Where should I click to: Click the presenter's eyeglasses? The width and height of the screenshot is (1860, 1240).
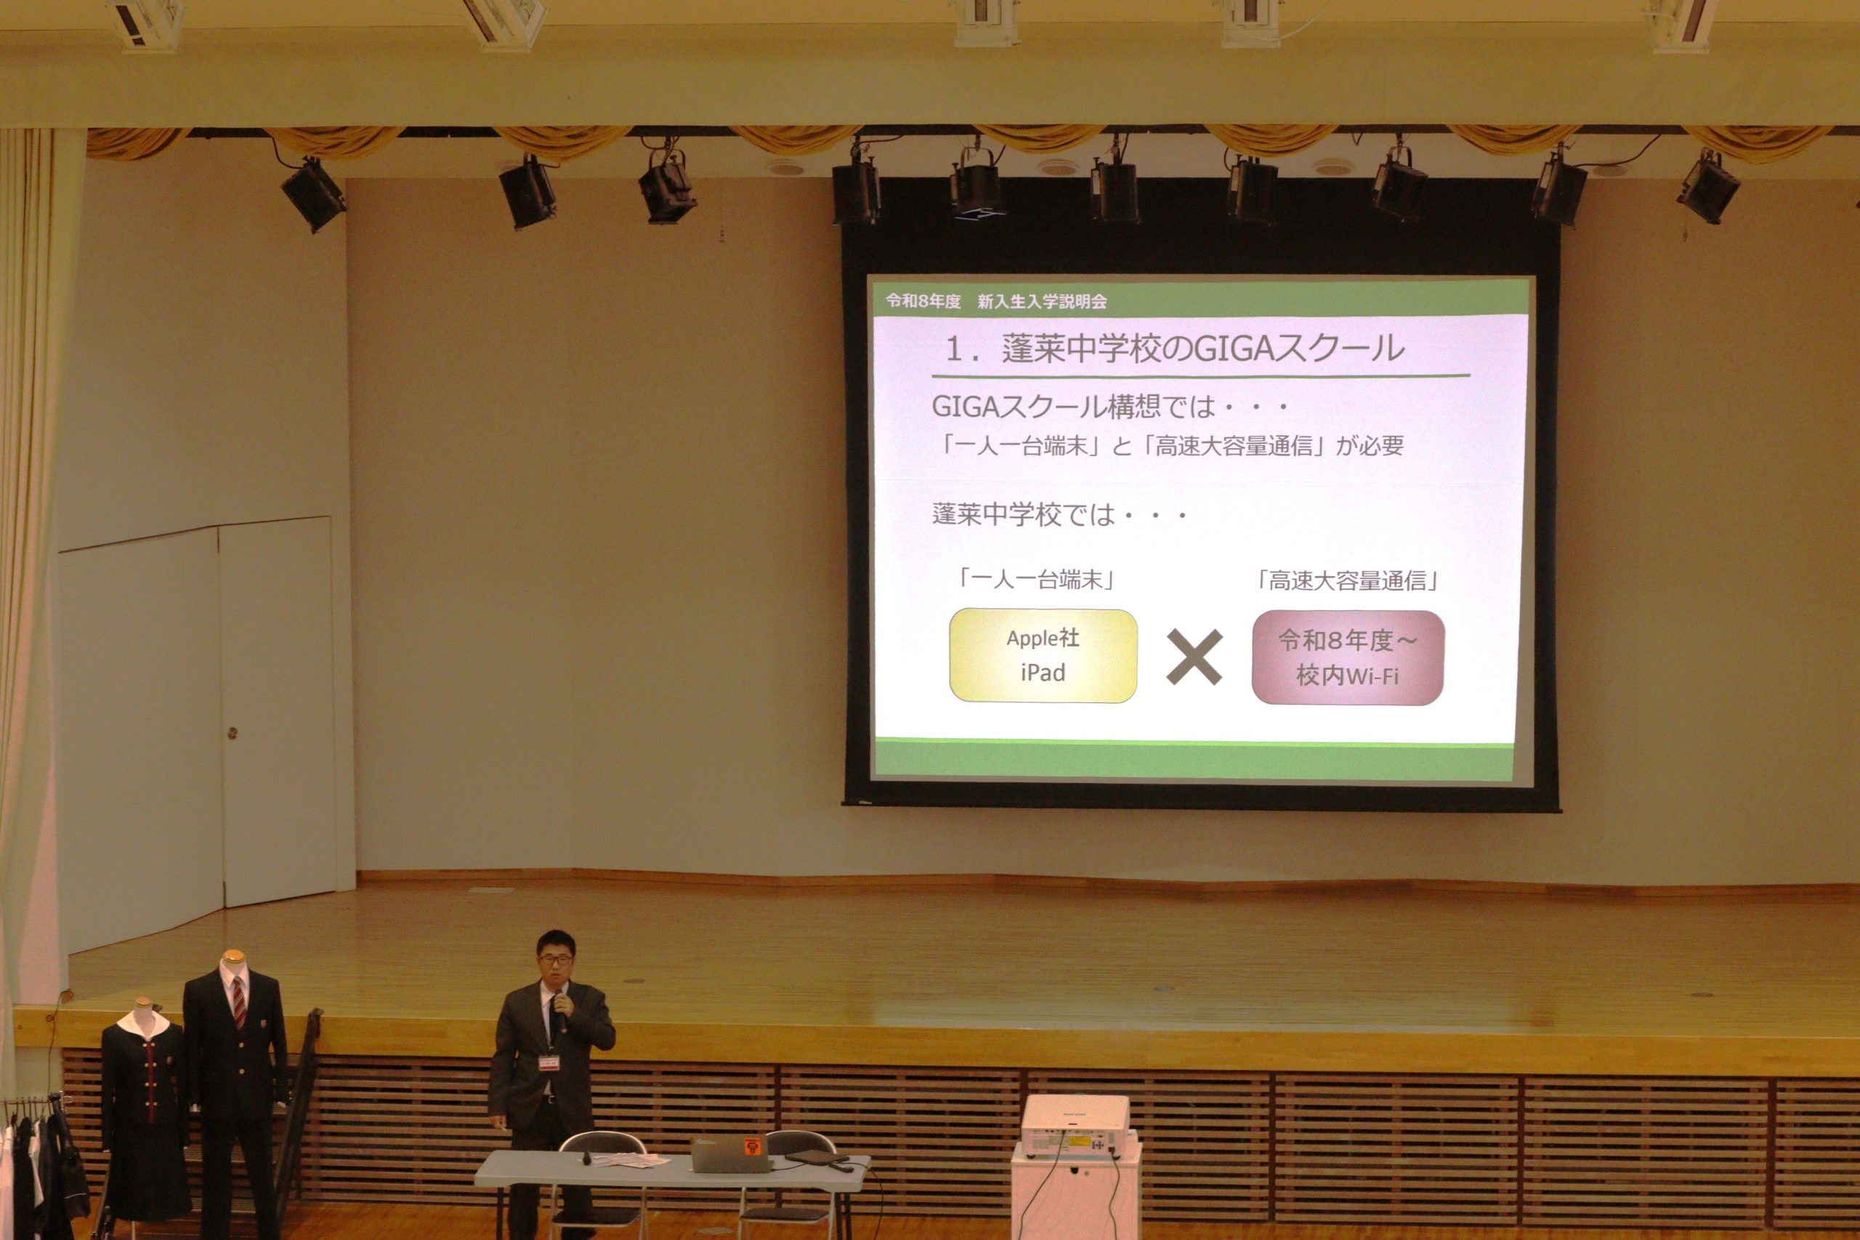click(556, 958)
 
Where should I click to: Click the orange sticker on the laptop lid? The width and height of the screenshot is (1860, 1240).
click(752, 1145)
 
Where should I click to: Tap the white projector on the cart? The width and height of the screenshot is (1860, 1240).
click(1075, 1126)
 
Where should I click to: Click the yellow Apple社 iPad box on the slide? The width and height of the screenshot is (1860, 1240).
click(1043, 655)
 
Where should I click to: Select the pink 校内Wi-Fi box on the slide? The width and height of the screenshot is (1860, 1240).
click(1348, 657)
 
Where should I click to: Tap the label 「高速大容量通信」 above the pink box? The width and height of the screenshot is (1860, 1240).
click(1348, 581)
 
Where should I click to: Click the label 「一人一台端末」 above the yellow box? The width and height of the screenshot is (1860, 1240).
click(1037, 580)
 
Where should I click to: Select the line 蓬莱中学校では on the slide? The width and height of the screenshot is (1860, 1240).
click(1023, 515)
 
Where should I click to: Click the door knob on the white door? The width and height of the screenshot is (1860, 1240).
click(232, 733)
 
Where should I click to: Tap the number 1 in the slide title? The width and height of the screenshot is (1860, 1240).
click(955, 349)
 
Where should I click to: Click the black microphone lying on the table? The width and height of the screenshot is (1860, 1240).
click(587, 1158)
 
